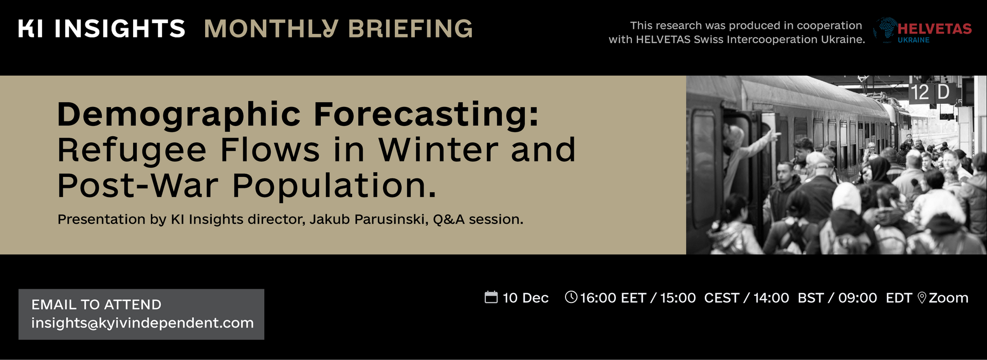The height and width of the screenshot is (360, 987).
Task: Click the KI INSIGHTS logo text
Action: click(102, 29)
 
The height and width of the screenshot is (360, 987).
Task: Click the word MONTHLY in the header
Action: click(271, 29)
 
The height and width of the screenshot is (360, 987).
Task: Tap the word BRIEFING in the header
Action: click(410, 29)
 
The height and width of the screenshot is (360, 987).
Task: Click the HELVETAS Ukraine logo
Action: click(923, 30)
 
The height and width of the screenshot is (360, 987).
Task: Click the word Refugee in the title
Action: click(132, 150)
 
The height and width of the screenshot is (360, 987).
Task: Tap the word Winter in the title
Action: click(438, 150)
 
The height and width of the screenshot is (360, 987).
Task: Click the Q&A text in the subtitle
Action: click(449, 220)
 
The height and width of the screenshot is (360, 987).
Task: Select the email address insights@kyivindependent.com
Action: click(142, 323)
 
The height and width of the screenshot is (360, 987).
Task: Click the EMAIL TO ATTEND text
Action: click(96, 304)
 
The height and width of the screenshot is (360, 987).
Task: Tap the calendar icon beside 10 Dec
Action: click(491, 297)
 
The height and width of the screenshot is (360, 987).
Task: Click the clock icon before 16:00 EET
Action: click(571, 297)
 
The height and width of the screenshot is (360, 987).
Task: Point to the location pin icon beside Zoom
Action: click(922, 298)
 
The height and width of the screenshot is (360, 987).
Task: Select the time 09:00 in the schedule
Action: click(857, 298)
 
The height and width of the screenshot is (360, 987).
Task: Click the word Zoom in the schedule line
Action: click(948, 298)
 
